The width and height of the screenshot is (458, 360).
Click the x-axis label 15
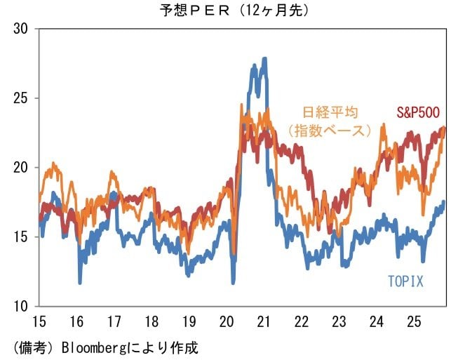(x=39, y=321)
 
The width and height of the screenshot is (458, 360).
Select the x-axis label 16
(x=76, y=321)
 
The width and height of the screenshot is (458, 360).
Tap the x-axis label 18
(x=151, y=321)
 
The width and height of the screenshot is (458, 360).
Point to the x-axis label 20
(x=227, y=321)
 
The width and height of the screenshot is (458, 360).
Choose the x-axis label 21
(x=264, y=321)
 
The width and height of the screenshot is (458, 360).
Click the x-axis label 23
(x=339, y=321)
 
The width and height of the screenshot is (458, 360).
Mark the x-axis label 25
(x=414, y=321)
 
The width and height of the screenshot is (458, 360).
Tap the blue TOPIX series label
(x=406, y=281)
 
